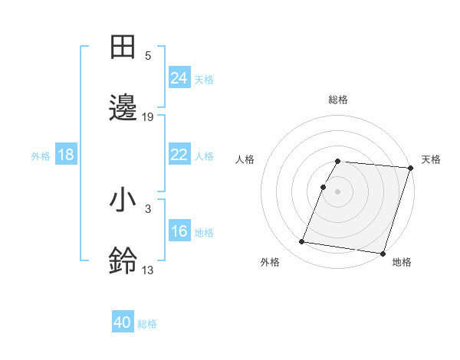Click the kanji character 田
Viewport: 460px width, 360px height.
(x=123, y=47)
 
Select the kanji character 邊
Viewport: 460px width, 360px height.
(x=123, y=108)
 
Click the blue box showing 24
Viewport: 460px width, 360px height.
(x=179, y=77)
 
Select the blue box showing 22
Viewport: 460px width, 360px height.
(x=179, y=155)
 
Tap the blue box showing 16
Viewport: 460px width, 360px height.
(x=179, y=231)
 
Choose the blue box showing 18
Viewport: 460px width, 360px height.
(x=66, y=155)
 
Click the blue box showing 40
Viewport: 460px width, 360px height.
(x=123, y=322)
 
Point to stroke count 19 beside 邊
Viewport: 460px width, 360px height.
(x=148, y=117)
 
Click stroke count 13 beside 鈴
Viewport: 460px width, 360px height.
(x=148, y=270)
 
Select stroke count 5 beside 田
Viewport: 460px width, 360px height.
(x=148, y=56)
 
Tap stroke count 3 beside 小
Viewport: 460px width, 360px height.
(x=148, y=208)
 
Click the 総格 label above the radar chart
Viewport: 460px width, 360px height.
(x=338, y=100)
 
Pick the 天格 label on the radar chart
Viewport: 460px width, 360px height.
(x=431, y=159)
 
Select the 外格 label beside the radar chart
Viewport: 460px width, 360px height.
(x=269, y=262)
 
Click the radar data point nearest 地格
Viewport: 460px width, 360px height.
(x=383, y=253)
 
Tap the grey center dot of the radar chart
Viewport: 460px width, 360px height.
(x=337, y=191)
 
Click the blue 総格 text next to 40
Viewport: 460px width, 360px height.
(x=147, y=324)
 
